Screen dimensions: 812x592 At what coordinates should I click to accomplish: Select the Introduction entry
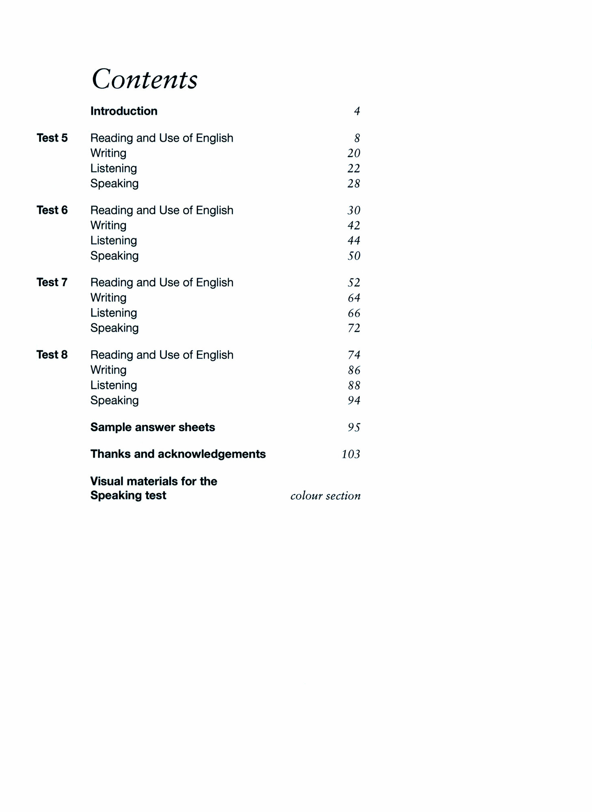point(124,111)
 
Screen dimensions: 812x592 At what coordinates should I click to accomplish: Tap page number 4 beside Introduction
point(357,111)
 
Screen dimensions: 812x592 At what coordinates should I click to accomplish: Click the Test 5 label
point(52,138)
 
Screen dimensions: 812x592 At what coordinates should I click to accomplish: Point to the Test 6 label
point(52,210)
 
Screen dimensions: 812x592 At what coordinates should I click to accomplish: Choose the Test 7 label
point(52,282)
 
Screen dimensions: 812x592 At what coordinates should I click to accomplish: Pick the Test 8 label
point(52,354)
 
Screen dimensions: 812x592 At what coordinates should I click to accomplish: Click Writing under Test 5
point(108,153)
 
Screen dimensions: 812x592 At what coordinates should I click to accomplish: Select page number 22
point(354,168)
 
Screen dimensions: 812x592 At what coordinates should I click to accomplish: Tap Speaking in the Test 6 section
point(115,256)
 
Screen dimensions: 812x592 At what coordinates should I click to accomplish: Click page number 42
point(354,225)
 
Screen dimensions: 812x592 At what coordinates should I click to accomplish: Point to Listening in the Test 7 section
point(114,313)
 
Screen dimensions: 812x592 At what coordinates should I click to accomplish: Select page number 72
point(354,328)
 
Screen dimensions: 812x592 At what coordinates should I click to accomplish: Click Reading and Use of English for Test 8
point(162,355)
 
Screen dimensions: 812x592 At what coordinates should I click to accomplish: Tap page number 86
point(354,370)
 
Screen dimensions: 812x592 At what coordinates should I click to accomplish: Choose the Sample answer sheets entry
point(153,427)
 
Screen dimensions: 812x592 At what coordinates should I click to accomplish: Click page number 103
point(351,454)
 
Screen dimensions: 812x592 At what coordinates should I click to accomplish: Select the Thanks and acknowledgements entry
point(178,454)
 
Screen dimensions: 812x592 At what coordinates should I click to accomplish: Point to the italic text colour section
point(325,496)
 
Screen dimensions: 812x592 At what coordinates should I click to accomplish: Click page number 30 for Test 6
point(354,210)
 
